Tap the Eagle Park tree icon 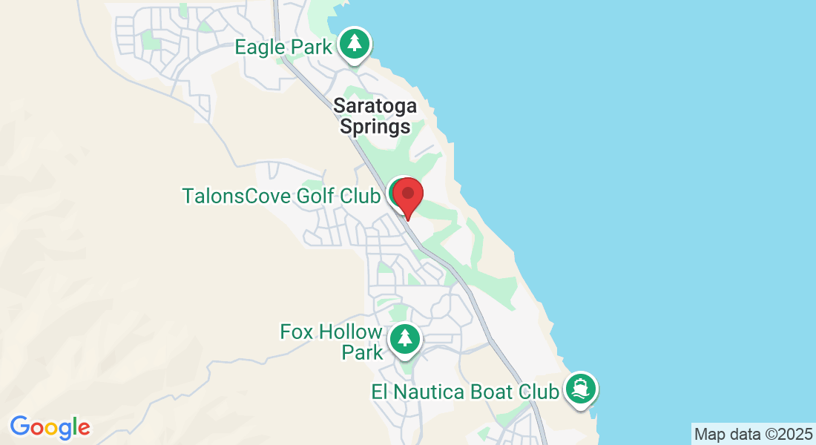355,44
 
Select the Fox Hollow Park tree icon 404,339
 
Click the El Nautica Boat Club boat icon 580,389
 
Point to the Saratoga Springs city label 375,116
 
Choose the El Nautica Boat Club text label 465,391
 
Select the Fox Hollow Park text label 332,341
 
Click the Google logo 50,427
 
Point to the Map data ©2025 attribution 753,433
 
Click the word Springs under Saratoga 375,127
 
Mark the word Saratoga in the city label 375,105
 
